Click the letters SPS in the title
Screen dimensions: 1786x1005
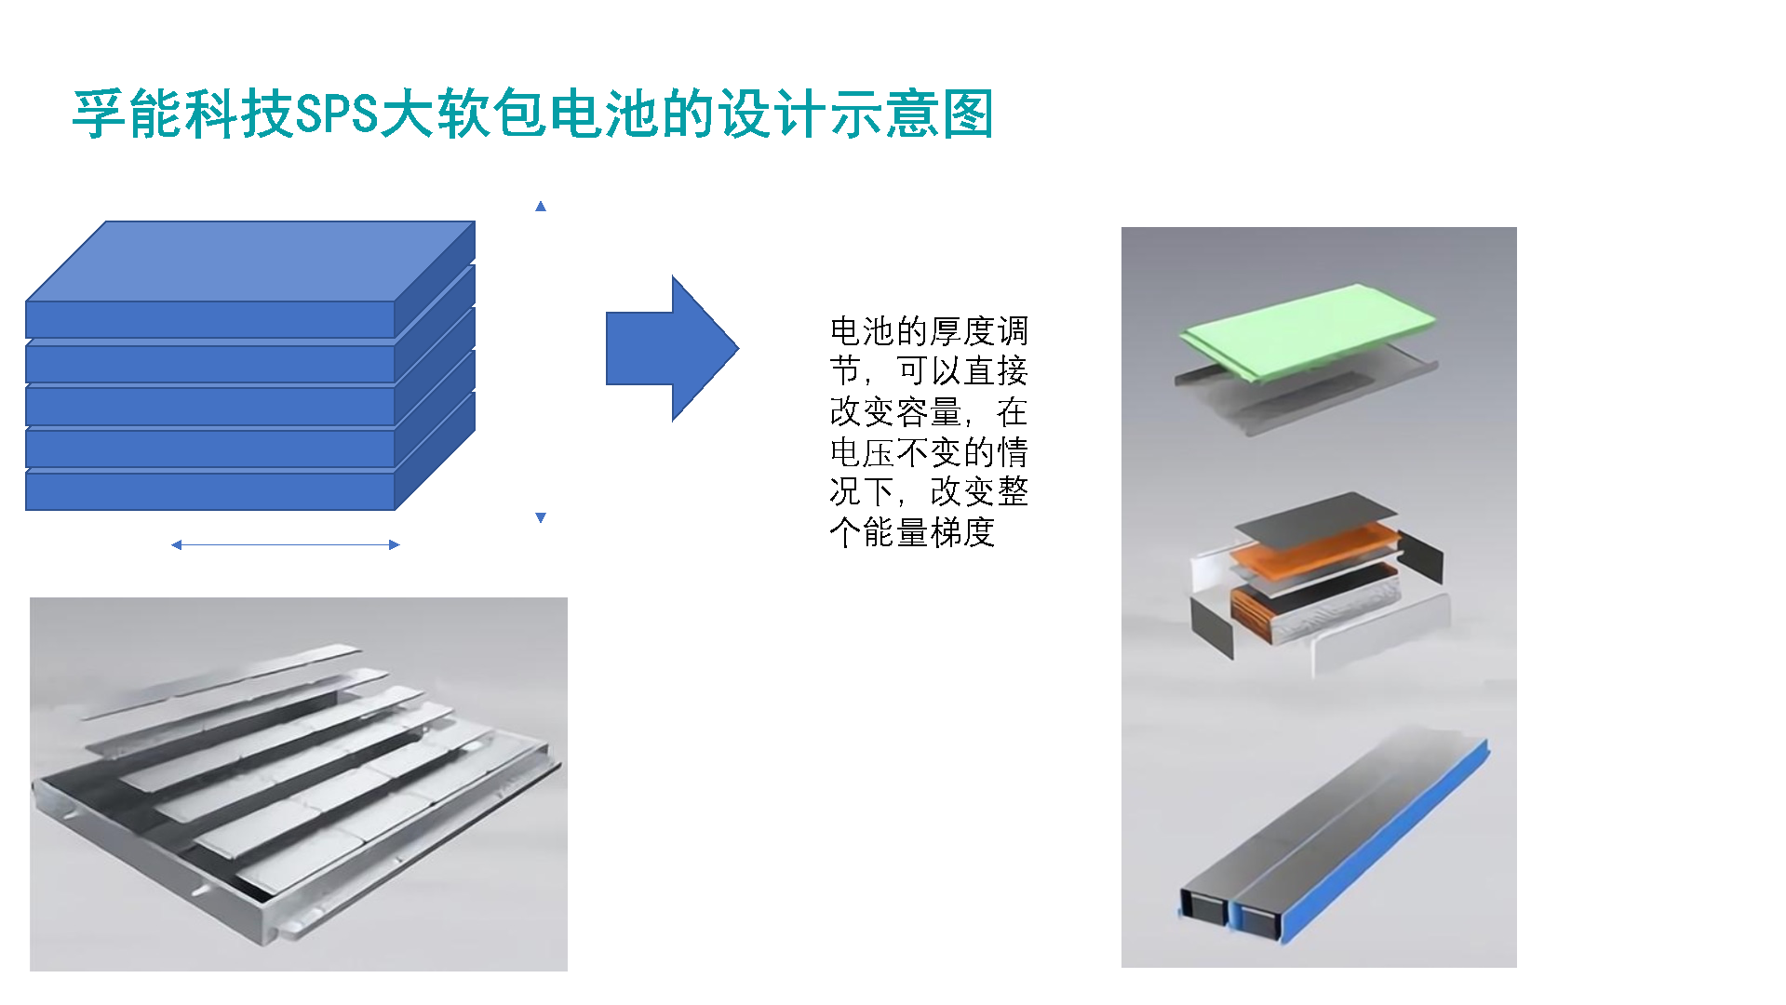(x=337, y=114)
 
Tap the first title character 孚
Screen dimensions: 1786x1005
(x=100, y=114)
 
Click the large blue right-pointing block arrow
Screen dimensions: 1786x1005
(x=672, y=348)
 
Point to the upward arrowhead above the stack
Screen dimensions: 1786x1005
(x=541, y=206)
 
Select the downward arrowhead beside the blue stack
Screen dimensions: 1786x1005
(x=541, y=517)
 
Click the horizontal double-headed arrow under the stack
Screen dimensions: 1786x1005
(x=286, y=544)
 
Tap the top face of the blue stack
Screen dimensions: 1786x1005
(x=250, y=261)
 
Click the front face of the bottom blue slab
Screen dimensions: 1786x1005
(x=210, y=491)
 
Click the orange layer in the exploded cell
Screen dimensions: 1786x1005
(x=1315, y=547)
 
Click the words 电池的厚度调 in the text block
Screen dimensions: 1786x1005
(x=929, y=330)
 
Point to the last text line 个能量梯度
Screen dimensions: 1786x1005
(x=912, y=532)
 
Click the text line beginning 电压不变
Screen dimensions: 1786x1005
(x=929, y=451)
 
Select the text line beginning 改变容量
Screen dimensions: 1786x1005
(x=929, y=411)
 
